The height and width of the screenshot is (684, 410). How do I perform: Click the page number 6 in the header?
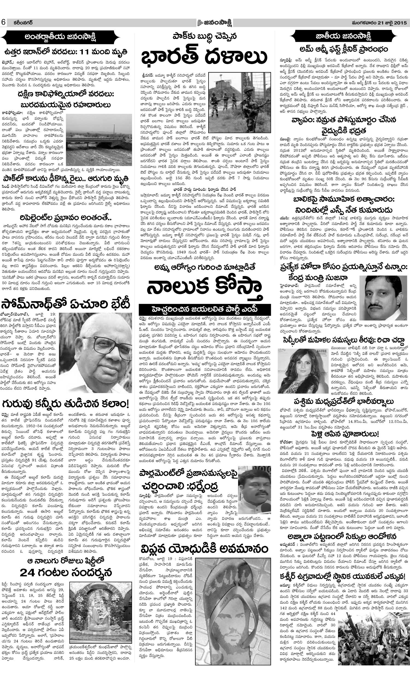(4, 22)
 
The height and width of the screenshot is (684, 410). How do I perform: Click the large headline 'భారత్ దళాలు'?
(204, 57)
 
